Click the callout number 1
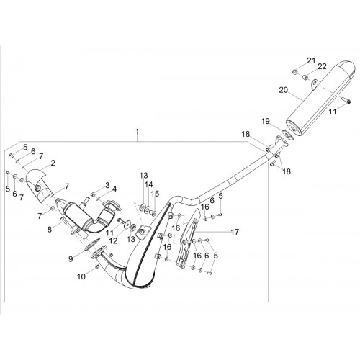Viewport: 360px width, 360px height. click(x=137, y=132)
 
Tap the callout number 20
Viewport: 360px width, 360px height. click(x=283, y=90)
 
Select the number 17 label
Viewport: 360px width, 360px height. click(x=235, y=232)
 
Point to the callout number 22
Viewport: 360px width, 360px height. click(x=323, y=66)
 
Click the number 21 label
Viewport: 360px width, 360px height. click(x=311, y=60)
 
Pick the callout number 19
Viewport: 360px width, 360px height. click(x=266, y=121)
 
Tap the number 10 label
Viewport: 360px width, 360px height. click(x=81, y=276)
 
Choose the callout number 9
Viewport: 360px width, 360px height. click(x=71, y=259)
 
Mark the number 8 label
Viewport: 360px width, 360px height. click(x=50, y=230)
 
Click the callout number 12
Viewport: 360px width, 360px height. click(x=113, y=240)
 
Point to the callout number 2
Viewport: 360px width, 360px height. click(x=53, y=163)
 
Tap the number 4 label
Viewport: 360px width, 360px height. click(x=114, y=189)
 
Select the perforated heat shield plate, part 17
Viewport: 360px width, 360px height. click(x=188, y=240)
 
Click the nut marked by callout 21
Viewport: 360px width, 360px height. click(x=295, y=71)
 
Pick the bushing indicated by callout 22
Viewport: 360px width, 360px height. click(x=305, y=77)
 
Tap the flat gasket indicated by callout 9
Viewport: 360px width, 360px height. click(x=91, y=245)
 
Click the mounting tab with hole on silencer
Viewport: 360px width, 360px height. click(x=315, y=84)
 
